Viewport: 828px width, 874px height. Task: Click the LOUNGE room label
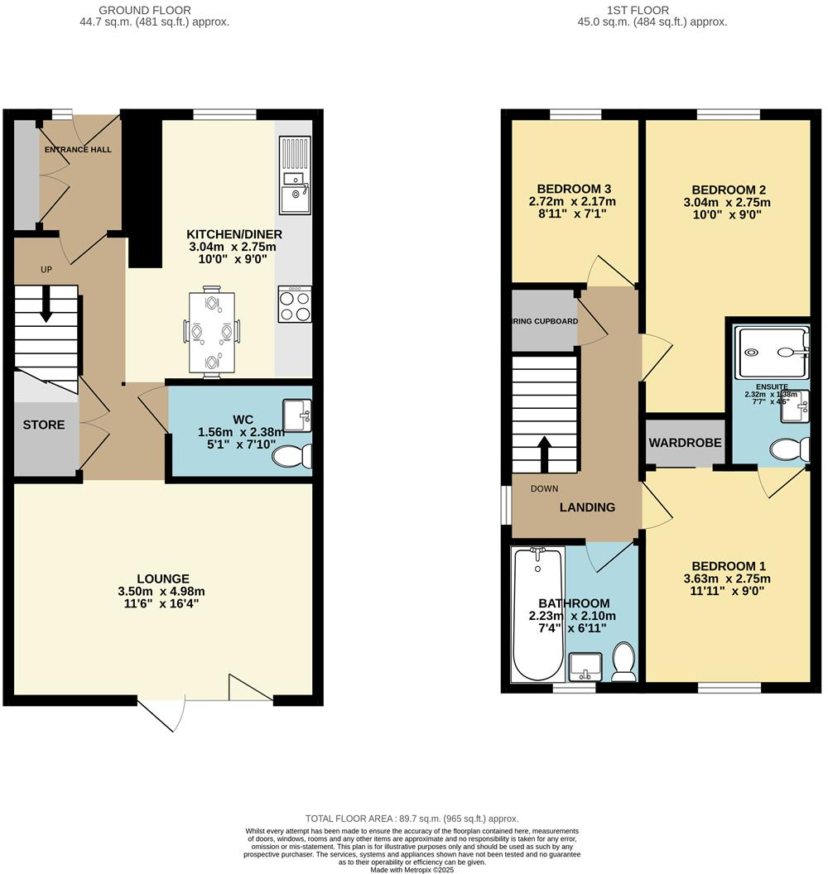pos(164,579)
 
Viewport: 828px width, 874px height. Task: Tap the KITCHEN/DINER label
pos(231,234)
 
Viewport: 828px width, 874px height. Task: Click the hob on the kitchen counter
pos(296,304)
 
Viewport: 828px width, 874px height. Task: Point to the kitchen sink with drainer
pos(294,177)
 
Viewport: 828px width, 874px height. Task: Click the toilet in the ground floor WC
pos(293,456)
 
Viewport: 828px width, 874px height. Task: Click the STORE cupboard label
pos(44,425)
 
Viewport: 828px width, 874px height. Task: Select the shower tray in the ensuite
pos(771,353)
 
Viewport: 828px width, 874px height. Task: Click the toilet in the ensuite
pos(787,449)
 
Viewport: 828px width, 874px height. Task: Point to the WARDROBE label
pos(686,443)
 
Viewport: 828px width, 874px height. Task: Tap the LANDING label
pos(587,507)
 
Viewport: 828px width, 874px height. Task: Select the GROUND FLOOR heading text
pos(145,10)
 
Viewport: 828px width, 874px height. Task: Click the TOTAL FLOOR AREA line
pos(412,819)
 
